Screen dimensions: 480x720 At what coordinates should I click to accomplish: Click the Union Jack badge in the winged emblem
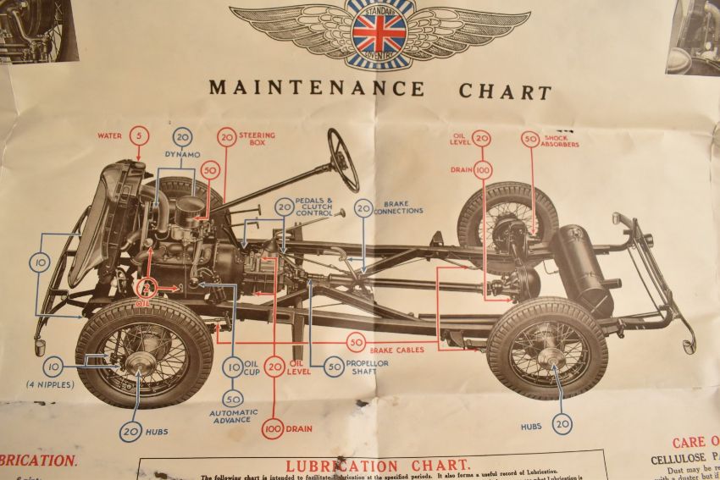pyautogui.click(x=379, y=32)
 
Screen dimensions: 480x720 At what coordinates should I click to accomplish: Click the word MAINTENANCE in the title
pyautogui.click(x=316, y=88)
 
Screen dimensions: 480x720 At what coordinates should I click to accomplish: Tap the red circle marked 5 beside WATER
pyautogui.click(x=140, y=135)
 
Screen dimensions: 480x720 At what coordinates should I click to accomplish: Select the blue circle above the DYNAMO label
pyautogui.click(x=182, y=137)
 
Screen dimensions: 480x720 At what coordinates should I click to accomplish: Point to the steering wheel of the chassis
pyautogui.click(x=344, y=160)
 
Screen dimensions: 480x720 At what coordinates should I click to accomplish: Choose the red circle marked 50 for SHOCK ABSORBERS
pyautogui.click(x=530, y=139)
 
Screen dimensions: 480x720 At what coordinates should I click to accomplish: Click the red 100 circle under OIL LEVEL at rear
pyautogui.click(x=483, y=169)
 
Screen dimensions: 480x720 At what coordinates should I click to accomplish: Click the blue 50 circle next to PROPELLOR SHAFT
pyautogui.click(x=334, y=367)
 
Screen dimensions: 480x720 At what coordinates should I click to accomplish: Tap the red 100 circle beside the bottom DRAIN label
pyautogui.click(x=273, y=428)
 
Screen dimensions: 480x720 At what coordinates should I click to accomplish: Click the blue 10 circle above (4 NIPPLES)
pyautogui.click(x=54, y=367)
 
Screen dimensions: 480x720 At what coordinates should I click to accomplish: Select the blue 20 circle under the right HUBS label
pyautogui.click(x=562, y=424)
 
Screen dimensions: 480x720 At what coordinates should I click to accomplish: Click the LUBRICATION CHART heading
pyautogui.click(x=377, y=466)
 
